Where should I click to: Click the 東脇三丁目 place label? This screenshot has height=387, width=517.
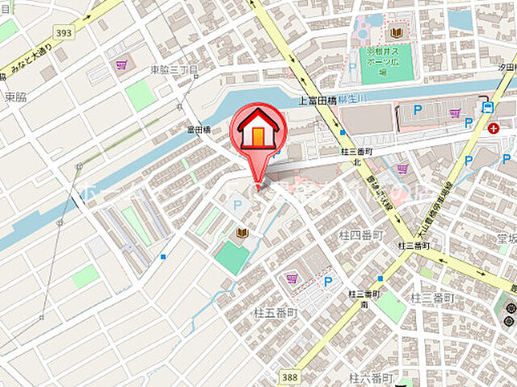click(174, 70)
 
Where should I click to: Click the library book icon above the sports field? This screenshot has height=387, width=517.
click(396, 33)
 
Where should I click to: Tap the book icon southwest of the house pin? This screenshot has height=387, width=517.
click(241, 233)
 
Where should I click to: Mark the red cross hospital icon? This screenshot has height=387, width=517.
click(494, 127)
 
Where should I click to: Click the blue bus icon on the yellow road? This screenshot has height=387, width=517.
click(487, 107)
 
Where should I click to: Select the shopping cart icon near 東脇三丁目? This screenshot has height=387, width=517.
click(122, 64)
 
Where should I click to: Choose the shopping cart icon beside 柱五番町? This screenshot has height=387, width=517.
click(292, 279)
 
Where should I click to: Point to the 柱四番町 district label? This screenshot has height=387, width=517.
click(359, 235)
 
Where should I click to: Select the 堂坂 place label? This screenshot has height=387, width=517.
click(506, 239)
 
